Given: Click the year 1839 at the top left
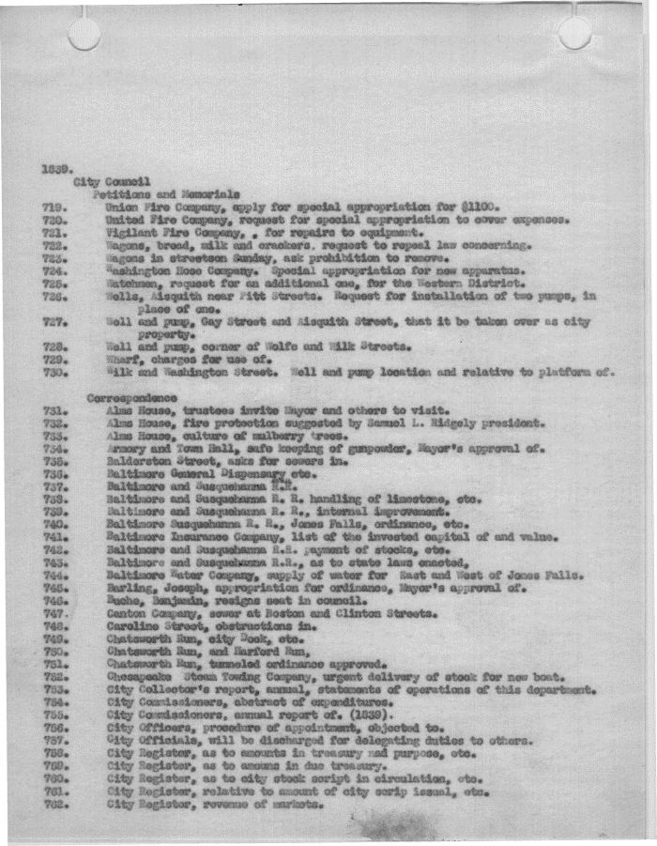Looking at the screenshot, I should [53, 169].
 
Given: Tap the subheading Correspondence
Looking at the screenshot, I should [125, 397].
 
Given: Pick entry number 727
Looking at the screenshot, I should [53, 321].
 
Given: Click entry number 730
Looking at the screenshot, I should [53, 373].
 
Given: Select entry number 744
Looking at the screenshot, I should [53, 575].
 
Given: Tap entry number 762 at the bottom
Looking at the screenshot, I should [53, 805].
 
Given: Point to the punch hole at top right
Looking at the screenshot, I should [574, 33].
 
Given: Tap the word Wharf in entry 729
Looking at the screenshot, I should [123, 360].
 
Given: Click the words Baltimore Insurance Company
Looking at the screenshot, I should [177, 537].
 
